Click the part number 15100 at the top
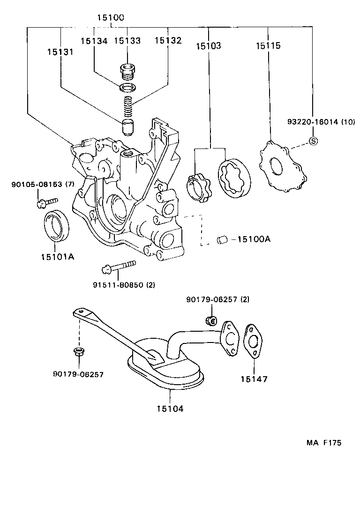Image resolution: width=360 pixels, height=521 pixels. point(111,18)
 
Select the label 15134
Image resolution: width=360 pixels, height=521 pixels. point(94,41)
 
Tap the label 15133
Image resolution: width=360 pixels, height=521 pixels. point(127,41)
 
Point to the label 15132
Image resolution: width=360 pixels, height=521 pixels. point(167,41)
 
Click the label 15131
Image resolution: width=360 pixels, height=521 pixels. point(60,52)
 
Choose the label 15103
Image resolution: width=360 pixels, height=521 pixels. point(209,46)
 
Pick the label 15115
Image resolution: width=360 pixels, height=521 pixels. point(268,46)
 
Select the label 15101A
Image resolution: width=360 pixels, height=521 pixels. point(57,257)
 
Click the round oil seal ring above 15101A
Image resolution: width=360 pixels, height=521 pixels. point(57,225)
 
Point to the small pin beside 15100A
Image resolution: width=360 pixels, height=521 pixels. point(222,240)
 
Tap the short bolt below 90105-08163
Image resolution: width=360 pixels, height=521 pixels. point(45,202)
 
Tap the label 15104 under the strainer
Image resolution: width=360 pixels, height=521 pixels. point(170,409)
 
